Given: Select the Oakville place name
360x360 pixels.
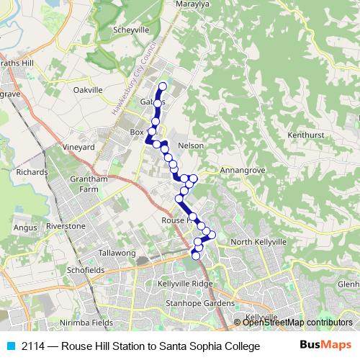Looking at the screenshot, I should click(x=91, y=90).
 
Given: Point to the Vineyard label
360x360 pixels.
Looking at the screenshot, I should click(x=79, y=147).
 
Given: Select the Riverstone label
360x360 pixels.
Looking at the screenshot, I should click(x=66, y=226).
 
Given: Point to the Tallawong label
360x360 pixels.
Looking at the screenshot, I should click(x=117, y=253).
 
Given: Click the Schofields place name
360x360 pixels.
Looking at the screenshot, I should click(x=86, y=270).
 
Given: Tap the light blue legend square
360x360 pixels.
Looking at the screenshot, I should click(x=9, y=346).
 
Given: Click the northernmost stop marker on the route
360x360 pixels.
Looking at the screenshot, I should click(x=162, y=87).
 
